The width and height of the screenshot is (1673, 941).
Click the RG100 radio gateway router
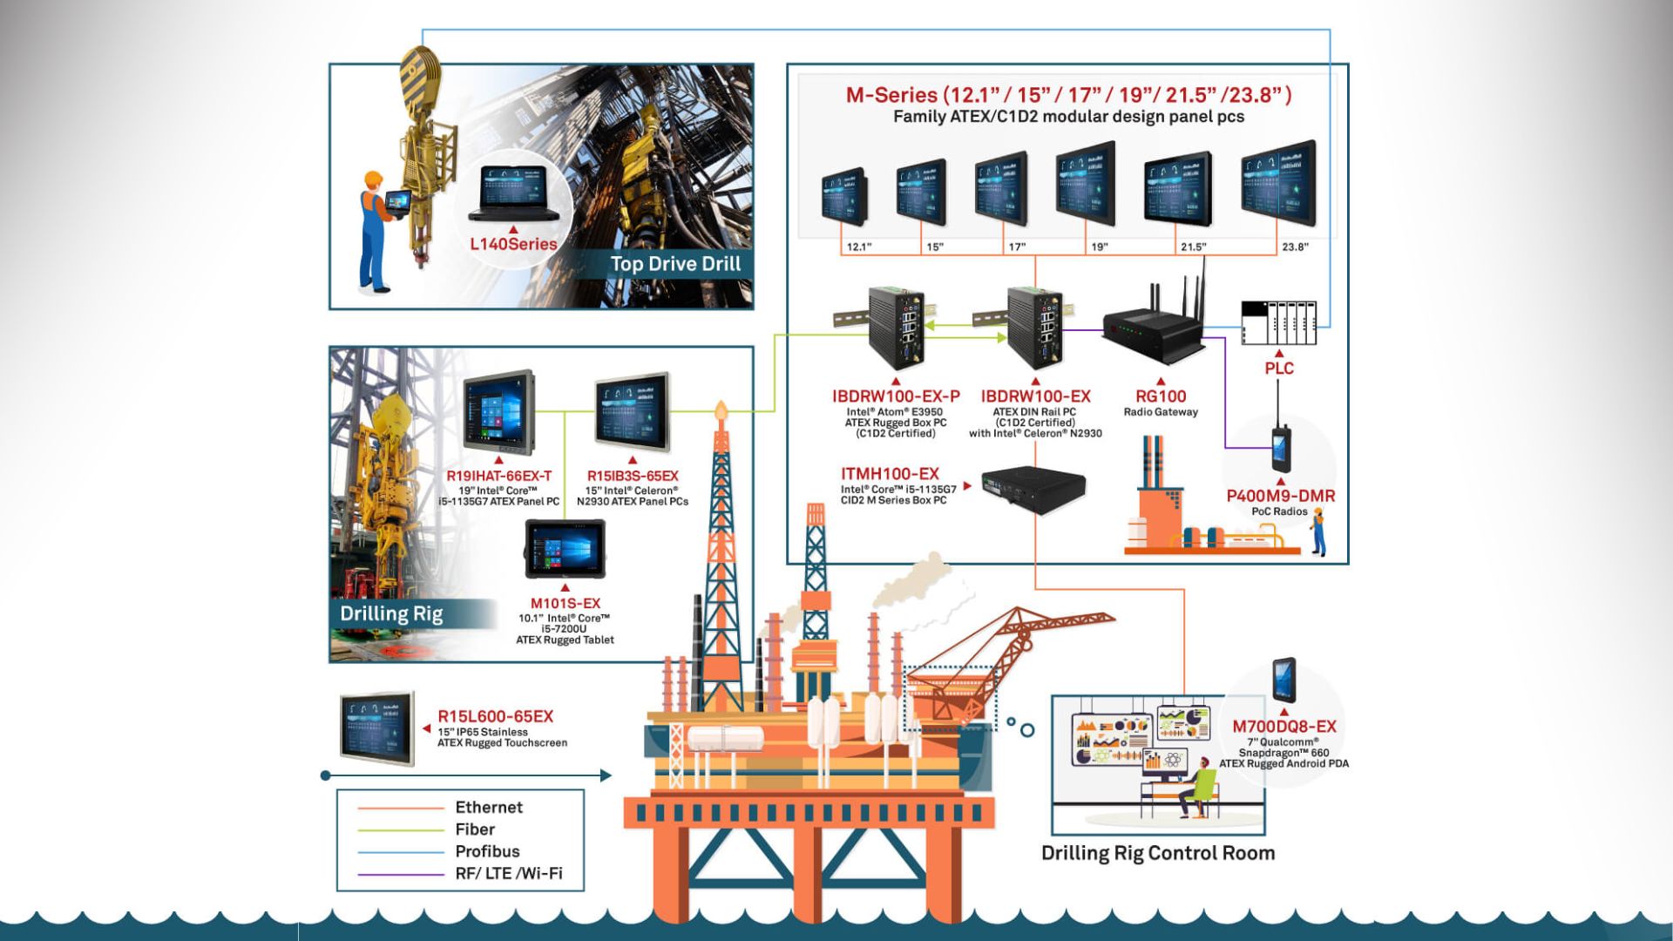click(x=1152, y=330)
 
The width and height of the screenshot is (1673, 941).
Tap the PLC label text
click(x=1278, y=369)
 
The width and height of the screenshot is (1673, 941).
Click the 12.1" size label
click(x=858, y=247)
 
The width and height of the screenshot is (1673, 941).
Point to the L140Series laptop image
click(x=513, y=193)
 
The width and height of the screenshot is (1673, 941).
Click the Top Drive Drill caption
click(x=675, y=264)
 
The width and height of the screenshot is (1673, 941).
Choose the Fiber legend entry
click(x=475, y=829)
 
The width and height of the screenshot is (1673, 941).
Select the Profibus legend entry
click(x=487, y=851)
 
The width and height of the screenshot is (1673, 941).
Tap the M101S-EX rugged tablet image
click(x=565, y=549)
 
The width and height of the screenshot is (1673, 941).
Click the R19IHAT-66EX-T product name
click(x=498, y=476)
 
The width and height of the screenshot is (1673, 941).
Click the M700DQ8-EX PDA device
click(x=1284, y=680)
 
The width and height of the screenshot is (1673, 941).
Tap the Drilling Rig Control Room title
click(x=1158, y=853)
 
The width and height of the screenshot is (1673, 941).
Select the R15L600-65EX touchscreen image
click(x=377, y=729)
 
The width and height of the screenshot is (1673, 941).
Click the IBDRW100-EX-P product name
click(x=896, y=396)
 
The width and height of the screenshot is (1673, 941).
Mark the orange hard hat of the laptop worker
click(x=374, y=179)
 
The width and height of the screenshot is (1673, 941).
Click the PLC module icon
click(x=1278, y=322)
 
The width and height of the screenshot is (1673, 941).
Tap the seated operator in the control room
click(x=1198, y=789)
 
